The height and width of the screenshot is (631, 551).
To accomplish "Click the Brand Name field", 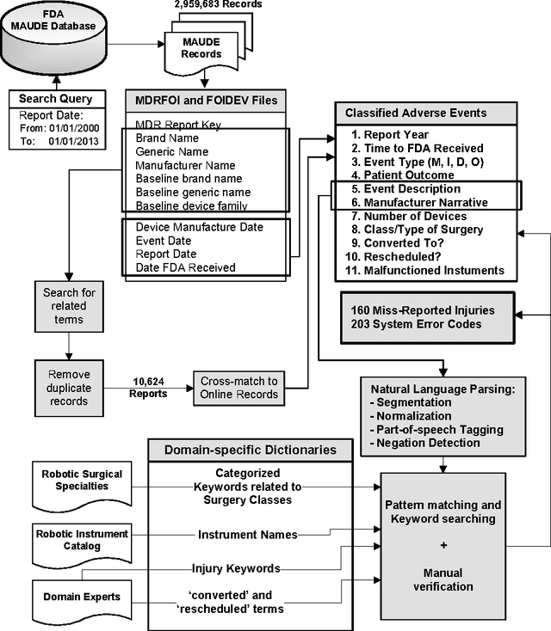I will click(x=167, y=138).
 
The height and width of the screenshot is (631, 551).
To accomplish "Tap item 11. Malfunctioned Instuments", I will click(x=434, y=270).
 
